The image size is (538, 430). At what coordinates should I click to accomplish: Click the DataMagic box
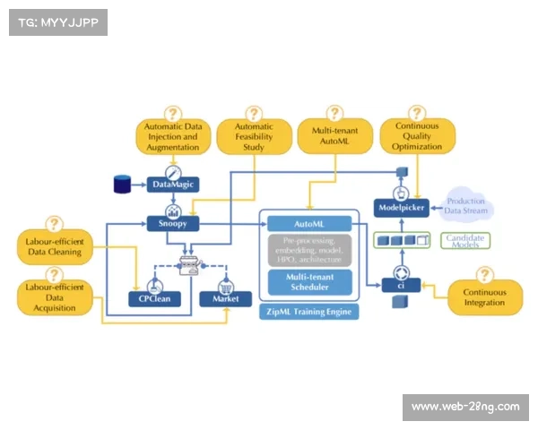(x=173, y=185)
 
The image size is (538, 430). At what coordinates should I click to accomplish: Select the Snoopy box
(x=173, y=223)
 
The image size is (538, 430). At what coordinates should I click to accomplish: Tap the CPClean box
(x=153, y=298)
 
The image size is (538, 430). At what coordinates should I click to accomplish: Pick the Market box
(x=226, y=298)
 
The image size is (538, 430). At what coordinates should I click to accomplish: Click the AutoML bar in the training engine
(x=308, y=222)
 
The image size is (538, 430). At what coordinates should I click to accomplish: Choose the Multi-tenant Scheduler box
(x=308, y=282)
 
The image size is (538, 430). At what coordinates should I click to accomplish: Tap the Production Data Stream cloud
(x=466, y=207)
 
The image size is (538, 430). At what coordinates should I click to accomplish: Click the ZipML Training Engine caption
(x=308, y=312)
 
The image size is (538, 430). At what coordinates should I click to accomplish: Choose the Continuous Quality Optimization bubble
(x=418, y=137)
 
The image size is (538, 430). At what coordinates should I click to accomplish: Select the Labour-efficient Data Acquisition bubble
(x=55, y=296)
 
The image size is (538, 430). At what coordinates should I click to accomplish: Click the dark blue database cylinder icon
(x=122, y=185)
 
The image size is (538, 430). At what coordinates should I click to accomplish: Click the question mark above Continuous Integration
(x=484, y=273)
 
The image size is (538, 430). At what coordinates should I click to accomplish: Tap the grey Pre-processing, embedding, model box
(x=308, y=250)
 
